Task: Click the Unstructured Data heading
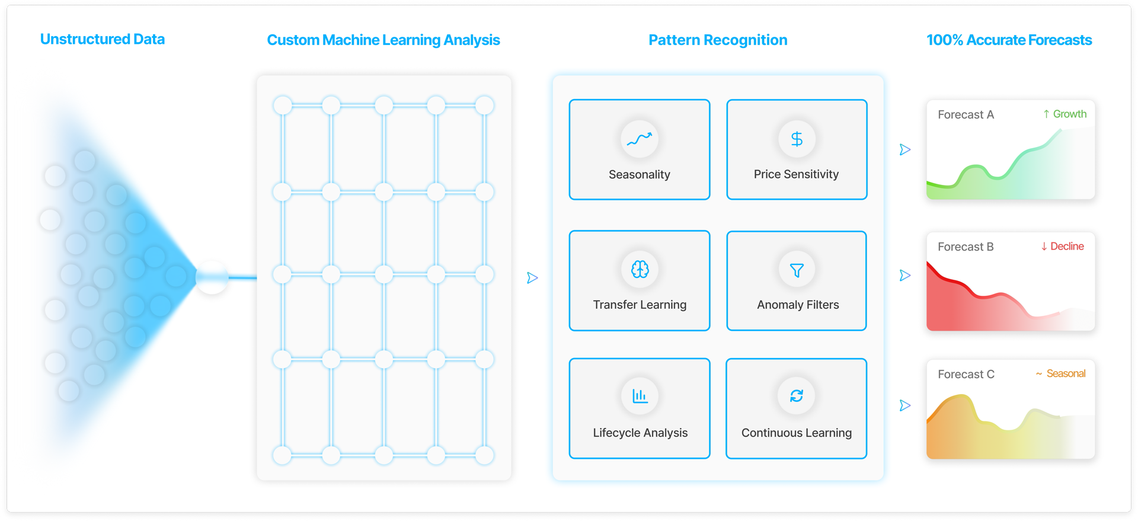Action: pos(102,39)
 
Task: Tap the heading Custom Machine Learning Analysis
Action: pos(383,40)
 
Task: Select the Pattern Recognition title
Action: pos(717,40)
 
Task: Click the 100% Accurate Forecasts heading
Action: pos(1009,40)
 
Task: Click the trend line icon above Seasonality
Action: pos(639,139)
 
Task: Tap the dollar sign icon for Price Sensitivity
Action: pos(797,139)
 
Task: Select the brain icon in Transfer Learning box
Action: pos(640,270)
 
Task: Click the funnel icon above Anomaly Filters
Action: pos(797,270)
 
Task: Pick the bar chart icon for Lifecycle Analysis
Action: pos(640,395)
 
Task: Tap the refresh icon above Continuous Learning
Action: pos(796,395)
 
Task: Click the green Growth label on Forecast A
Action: pos(1065,114)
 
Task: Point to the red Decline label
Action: pos(1063,246)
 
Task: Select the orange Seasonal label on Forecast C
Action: pos(1061,373)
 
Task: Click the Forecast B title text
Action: pos(966,247)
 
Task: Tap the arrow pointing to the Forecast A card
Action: pos(904,149)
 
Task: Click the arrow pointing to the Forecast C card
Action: pos(904,405)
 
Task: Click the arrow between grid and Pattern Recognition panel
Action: pos(532,277)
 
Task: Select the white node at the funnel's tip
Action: pos(212,277)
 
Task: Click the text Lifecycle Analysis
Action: pos(640,433)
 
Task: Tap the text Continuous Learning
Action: pos(796,433)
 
